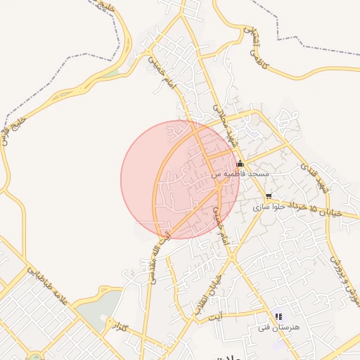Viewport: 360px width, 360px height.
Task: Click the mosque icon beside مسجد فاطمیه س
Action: click(x=240, y=163)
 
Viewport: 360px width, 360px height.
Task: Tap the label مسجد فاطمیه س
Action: click(x=240, y=173)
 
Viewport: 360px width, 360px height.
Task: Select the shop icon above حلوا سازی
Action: click(x=269, y=197)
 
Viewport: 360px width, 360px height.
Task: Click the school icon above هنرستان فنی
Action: click(x=278, y=317)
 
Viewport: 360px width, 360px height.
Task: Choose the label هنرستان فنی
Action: click(x=279, y=328)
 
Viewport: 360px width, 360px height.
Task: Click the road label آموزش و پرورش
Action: click(x=345, y=281)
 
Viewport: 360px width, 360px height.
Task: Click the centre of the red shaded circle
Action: click(x=180, y=179)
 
